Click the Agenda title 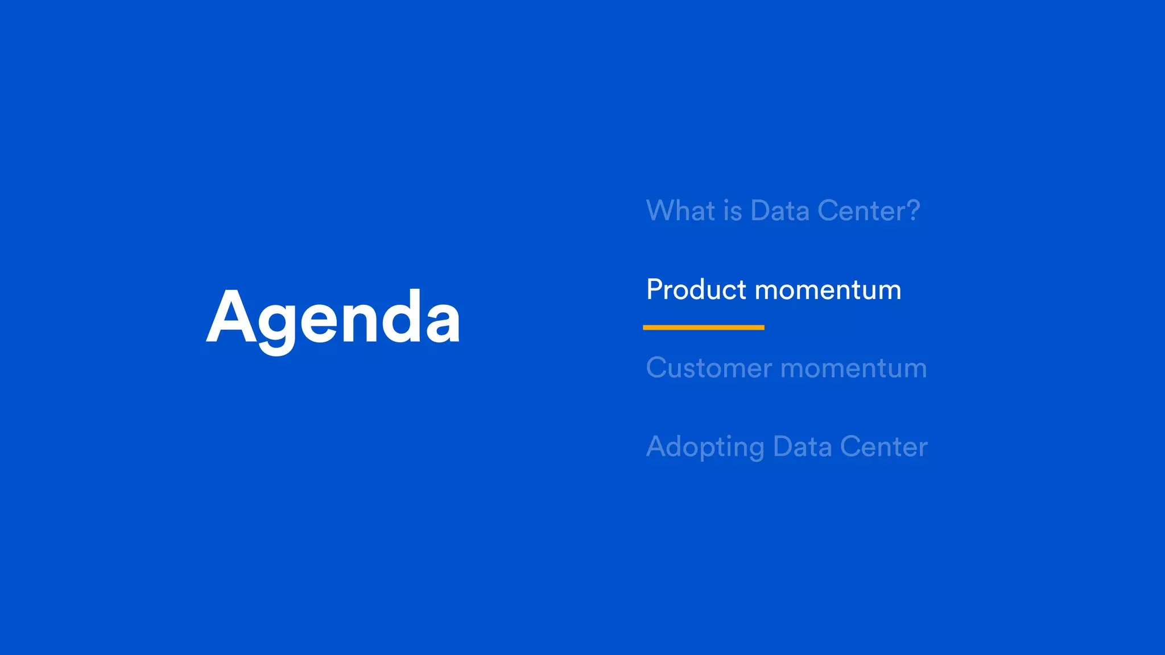[333, 318]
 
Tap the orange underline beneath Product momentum [703, 327]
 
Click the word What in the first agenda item [681, 211]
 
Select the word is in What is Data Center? [733, 211]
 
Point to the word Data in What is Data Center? [780, 211]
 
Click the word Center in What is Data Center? [861, 211]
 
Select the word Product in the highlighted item [696, 290]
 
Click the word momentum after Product [828, 291]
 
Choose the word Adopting [705, 447]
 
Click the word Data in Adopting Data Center [802, 447]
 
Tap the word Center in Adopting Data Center [884, 447]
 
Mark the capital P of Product [655, 290]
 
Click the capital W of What [660, 211]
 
